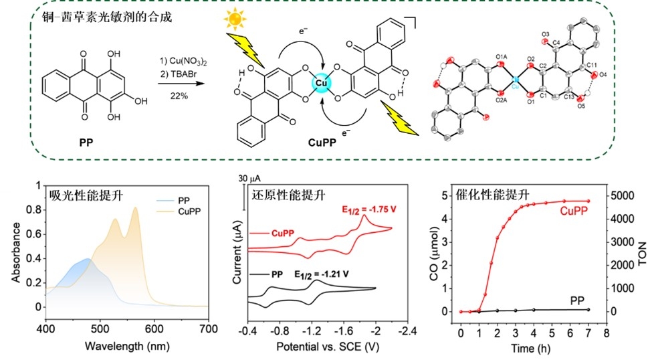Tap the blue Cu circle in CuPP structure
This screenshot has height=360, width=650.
(x=322, y=83)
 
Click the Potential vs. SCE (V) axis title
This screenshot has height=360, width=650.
(x=329, y=347)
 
